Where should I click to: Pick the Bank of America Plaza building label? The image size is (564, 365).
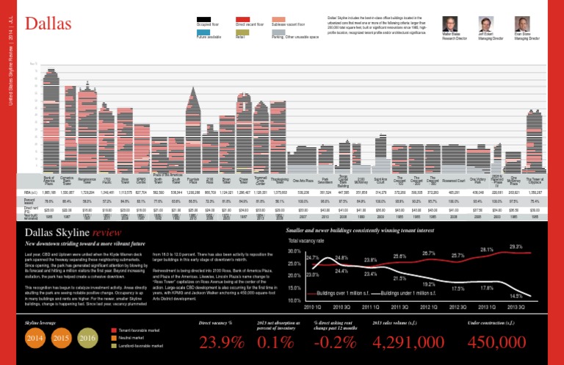(49, 178)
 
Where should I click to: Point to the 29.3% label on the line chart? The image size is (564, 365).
(517, 247)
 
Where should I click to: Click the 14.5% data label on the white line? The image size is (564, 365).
(517, 295)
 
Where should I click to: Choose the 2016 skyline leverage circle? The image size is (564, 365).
(88, 338)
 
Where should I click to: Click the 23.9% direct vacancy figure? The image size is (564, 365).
(223, 343)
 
